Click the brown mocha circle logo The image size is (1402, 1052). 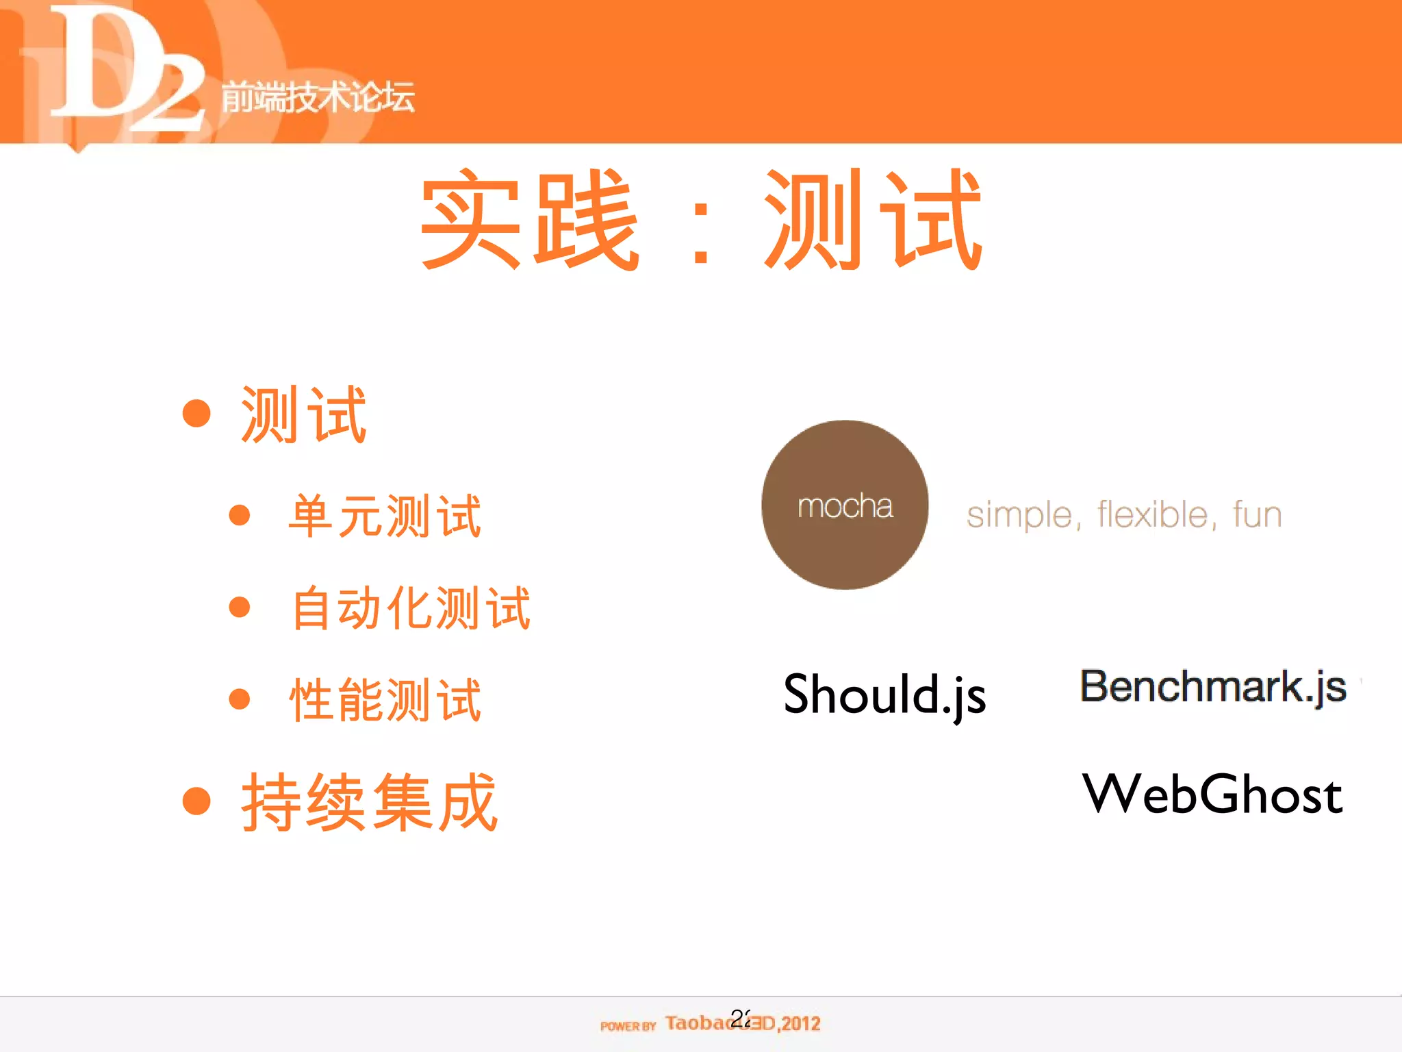click(x=845, y=505)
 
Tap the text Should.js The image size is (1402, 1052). click(x=884, y=694)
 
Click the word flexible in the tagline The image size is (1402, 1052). click(x=1157, y=514)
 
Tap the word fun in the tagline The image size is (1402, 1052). click(x=1257, y=514)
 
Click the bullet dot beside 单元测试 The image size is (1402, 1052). click(x=239, y=515)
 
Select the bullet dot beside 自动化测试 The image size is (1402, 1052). click(x=239, y=607)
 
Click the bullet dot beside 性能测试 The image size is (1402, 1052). click(x=239, y=699)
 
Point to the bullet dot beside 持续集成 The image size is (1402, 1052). click(x=196, y=801)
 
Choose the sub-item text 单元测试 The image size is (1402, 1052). click(x=385, y=516)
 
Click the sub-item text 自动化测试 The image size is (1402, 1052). click(x=411, y=608)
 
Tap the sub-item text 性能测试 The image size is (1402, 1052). click(x=385, y=700)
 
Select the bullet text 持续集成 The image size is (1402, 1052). click(x=370, y=802)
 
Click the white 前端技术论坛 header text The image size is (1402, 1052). click(x=318, y=97)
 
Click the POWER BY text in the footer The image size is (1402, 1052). click(x=628, y=1025)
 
